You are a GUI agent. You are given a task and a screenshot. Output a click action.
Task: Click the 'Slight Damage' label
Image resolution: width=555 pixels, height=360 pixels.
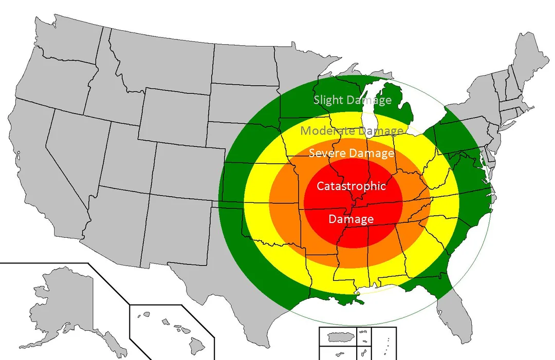click(x=353, y=100)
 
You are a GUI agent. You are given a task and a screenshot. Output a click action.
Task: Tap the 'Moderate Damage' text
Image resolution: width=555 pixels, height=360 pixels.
click(x=352, y=130)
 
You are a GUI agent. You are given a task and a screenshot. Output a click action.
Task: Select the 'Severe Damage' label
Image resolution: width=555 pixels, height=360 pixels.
click(x=351, y=153)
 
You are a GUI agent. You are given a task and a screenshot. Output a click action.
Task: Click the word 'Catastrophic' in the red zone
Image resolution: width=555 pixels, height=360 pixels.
click(x=351, y=186)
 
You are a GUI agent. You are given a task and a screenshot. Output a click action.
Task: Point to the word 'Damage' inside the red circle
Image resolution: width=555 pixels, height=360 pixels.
click(x=351, y=219)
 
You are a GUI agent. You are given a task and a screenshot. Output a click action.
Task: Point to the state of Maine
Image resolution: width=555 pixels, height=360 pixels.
click(x=529, y=56)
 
